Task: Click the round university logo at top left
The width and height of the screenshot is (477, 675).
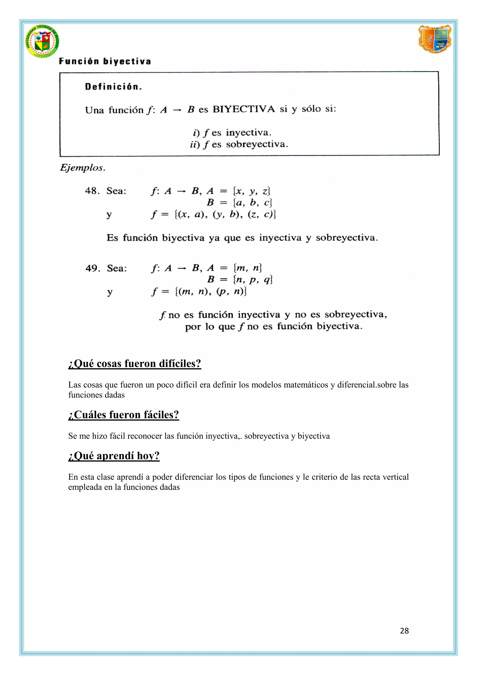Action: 42,41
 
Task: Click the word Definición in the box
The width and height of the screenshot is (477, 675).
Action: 113,87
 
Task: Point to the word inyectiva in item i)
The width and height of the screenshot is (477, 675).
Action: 249,133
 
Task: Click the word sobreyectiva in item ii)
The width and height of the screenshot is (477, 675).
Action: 257,144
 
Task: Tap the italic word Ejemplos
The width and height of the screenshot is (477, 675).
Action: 82,168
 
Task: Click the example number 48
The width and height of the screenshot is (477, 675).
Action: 92,191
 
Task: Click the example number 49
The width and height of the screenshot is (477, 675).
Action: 92,268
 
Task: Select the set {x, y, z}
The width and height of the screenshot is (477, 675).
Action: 251,191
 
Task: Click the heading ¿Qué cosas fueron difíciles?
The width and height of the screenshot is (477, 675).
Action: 135,364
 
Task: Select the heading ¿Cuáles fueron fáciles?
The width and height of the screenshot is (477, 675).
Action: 123,414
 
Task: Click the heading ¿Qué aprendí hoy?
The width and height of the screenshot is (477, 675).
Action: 114,456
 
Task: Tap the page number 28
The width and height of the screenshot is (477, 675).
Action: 404,631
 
